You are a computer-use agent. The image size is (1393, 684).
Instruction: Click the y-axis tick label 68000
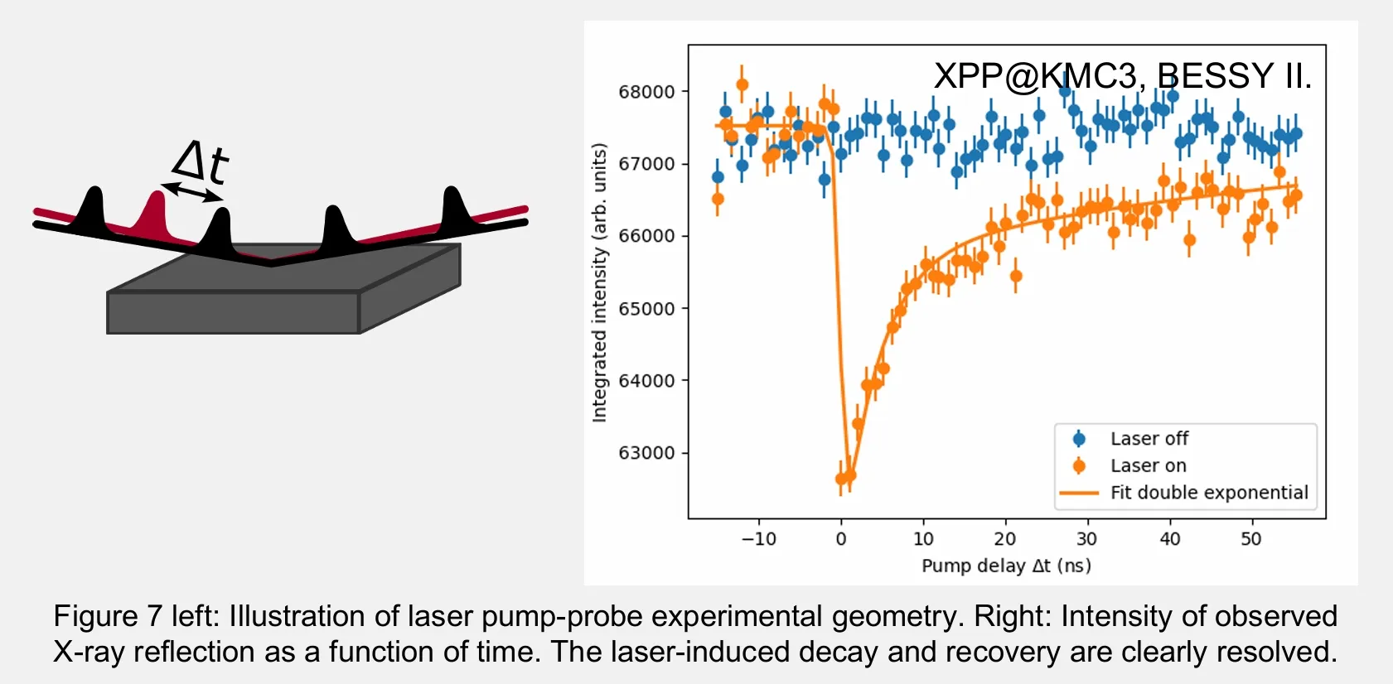click(646, 92)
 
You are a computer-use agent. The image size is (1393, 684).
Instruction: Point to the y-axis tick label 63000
click(646, 453)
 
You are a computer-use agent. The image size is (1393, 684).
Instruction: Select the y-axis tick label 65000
click(646, 309)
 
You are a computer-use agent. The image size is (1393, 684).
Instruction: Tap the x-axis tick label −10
click(759, 538)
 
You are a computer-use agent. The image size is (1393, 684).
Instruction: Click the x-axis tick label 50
click(1251, 538)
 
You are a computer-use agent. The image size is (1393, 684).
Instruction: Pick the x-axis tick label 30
click(1087, 538)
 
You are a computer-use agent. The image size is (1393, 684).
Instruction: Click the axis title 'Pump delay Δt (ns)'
click(1006, 566)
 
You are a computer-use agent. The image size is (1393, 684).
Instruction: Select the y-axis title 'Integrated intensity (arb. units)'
click(599, 282)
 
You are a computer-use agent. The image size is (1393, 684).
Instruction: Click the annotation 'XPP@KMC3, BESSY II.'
click(1123, 76)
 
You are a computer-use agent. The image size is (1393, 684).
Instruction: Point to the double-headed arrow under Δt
click(191, 192)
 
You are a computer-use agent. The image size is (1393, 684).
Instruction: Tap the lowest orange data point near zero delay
click(841, 479)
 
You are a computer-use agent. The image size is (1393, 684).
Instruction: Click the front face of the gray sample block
click(233, 312)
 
